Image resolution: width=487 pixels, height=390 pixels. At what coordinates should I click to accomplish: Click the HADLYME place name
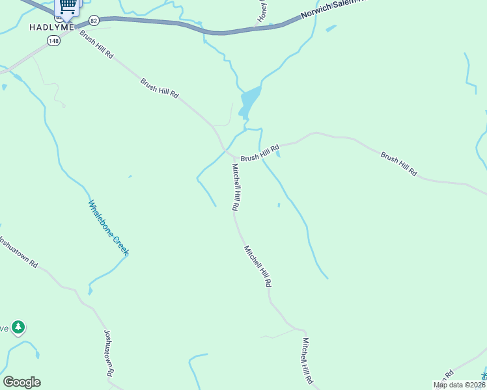point(51,27)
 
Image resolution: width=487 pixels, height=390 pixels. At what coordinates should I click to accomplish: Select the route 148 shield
point(53,41)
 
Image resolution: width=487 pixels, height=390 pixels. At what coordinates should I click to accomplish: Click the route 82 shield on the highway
point(94,21)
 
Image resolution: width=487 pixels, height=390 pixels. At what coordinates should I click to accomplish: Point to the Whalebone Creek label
point(108,227)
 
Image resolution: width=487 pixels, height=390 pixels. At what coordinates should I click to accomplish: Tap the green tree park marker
point(19,326)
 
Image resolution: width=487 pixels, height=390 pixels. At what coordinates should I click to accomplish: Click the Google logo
point(21,382)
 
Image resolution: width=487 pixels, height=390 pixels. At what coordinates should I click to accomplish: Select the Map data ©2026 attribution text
point(459,385)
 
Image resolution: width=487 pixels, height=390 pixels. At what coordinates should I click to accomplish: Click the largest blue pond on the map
point(250,100)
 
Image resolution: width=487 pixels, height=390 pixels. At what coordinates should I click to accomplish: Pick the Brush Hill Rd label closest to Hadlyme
point(96,45)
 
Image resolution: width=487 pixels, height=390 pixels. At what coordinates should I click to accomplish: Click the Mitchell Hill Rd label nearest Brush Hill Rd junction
point(236,187)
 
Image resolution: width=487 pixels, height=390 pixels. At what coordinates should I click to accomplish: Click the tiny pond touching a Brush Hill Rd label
point(278,153)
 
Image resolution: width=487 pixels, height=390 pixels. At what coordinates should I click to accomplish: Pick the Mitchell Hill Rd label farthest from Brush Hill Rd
point(307,359)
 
